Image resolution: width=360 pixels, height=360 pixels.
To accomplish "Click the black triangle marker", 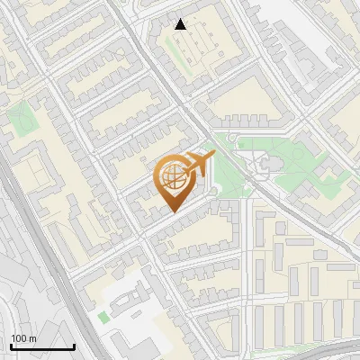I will (x=181, y=24).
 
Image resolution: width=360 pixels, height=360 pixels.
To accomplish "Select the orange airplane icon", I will (x=197, y=164).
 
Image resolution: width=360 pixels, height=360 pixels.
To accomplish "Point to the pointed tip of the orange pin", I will (x=173, y=211).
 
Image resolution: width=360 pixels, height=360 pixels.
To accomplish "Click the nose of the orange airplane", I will (x=212, y=157).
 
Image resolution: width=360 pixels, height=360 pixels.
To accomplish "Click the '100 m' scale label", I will (x=23, y=338).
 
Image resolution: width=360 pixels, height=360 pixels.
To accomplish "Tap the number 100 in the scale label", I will (x=19, y=338).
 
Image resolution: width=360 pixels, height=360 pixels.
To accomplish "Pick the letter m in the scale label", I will (x=31, y=338).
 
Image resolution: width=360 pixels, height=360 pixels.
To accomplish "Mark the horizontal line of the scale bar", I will (x=42, y=347).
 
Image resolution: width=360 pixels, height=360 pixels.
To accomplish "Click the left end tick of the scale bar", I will (x=11, y=346).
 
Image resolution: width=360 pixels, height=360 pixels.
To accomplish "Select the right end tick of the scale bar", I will (x=74, y=346).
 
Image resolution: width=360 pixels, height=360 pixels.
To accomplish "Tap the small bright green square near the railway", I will (x=103, y=317).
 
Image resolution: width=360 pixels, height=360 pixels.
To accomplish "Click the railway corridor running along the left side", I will (x=40, y=243).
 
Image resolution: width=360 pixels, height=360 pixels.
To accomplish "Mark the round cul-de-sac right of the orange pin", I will (x=213, y=191).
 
